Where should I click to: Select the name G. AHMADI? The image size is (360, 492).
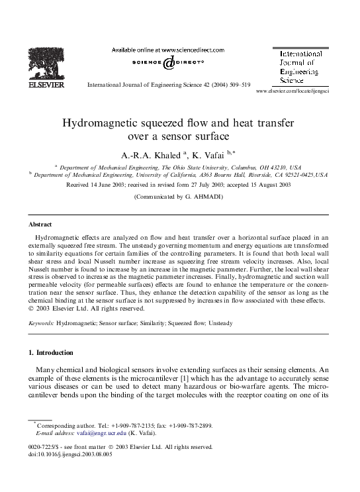(x=208, y=197)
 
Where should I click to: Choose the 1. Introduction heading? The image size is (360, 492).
(x=50, y=352)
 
